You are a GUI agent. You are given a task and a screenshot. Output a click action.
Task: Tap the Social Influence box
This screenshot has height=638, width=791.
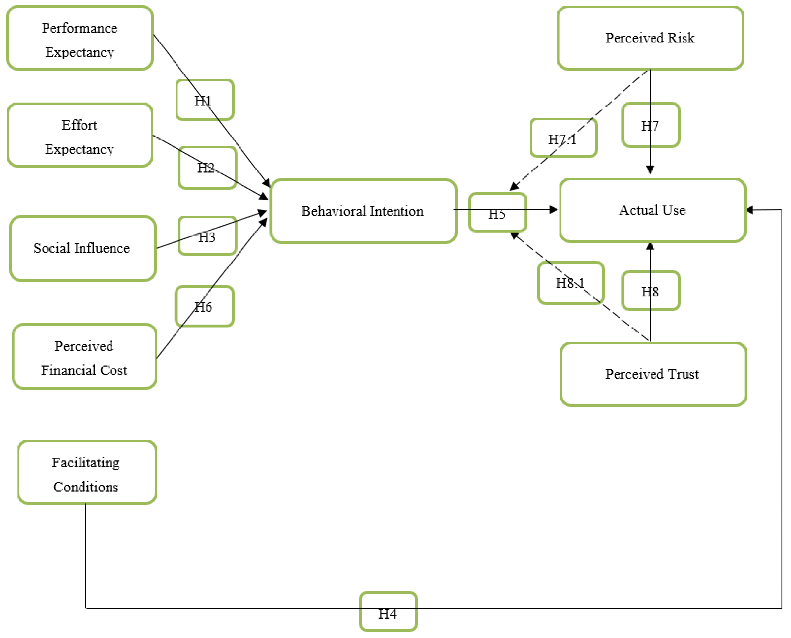[83, 248]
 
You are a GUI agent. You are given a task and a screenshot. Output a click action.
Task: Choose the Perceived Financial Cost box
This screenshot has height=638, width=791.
[85, 357]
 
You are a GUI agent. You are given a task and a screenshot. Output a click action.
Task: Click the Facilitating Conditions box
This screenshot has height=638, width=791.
[87, 473]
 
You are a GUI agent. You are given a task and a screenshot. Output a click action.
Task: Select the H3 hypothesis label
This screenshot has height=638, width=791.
[207, 236]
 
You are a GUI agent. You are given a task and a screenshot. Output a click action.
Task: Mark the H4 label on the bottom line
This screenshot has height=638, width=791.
[388, 612]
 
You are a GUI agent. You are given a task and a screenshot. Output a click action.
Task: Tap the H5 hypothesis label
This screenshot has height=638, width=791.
[497, 212]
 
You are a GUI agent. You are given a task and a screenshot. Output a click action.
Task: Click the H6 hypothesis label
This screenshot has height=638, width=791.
[204, 306]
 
